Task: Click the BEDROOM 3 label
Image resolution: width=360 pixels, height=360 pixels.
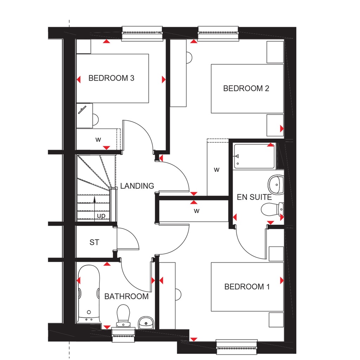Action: [x=111, y=78]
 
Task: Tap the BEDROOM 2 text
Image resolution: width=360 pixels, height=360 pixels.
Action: [x=246, y=88]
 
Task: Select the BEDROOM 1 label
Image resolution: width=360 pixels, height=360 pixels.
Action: [x=247, y=287]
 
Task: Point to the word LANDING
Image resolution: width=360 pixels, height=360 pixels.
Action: [x=137, y=186]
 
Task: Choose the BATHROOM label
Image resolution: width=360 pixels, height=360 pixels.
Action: [x=126, y=296]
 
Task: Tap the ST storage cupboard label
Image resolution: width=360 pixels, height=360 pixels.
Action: [x=94, y=242]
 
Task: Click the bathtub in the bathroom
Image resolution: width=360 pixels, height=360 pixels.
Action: [x=88, y=295]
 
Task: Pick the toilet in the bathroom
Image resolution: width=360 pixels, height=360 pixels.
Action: [x=123, y=315]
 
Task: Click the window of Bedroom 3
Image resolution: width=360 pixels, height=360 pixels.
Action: [x=142, y=33]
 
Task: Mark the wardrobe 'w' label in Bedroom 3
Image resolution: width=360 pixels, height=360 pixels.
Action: [x=98, y=139]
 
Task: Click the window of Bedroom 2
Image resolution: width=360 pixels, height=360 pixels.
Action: [x=219, y=33]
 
